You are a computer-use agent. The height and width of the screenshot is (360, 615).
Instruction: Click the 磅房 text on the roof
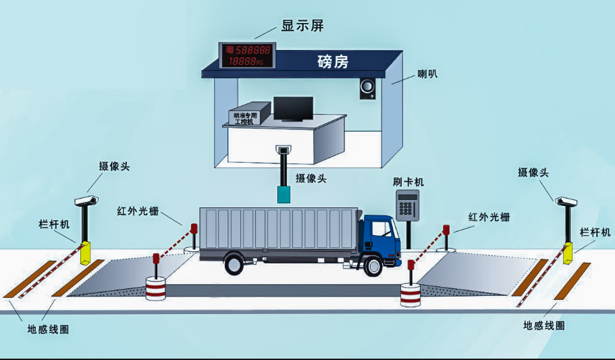(333, 62)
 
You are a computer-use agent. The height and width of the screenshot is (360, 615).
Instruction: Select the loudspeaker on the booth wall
(367, 88)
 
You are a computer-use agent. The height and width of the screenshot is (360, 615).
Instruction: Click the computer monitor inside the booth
(293, 109)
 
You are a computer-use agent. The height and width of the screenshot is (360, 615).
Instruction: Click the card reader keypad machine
(408, 205)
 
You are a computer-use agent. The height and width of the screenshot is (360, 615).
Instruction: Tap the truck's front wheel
(372, 265)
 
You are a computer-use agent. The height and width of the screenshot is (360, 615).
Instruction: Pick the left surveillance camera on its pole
(86, 200)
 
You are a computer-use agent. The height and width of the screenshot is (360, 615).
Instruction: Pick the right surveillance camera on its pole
(566, 201)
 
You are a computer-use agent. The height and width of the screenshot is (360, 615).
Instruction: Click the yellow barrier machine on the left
(85, 253)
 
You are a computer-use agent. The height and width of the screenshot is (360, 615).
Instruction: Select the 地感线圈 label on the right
(544, 326)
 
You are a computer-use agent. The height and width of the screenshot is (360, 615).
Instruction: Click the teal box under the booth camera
(284, 195)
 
